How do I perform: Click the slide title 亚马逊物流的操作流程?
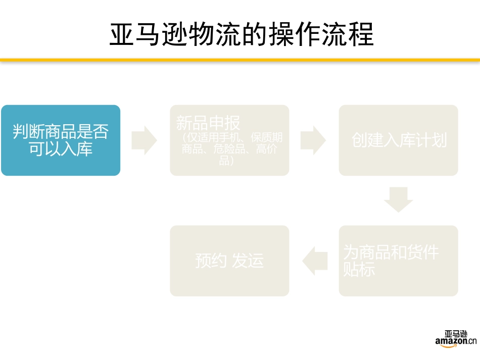tap(242, 34)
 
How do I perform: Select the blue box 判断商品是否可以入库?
tap(61, 140)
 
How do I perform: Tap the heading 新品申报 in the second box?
tap(208, 123)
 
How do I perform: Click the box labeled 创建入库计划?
tap(399, 140)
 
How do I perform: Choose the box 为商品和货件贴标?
tap(399, 261)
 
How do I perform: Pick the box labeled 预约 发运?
tap(229, 261)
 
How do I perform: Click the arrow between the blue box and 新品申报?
tap(145, 140)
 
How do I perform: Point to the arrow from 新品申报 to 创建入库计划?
tap(313, 140)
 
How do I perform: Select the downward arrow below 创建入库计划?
tap(398, 199)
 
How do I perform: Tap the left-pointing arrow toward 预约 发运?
tap(314, 261)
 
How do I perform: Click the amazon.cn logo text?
tap(456, 342)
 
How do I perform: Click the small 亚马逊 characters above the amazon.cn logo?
tap(456, 334)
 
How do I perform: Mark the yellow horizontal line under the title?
tap(240, 60)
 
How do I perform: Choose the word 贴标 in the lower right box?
tap(359, 270)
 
